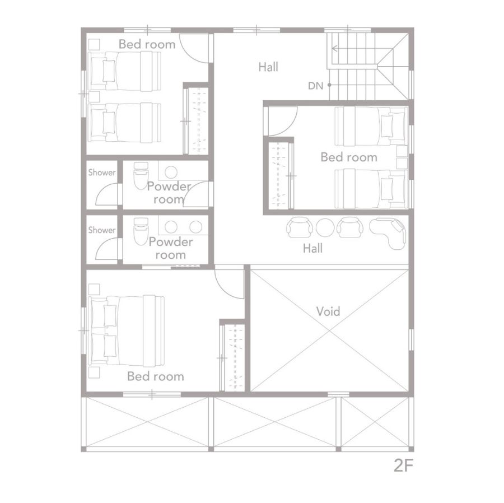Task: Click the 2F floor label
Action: tap(403, 465)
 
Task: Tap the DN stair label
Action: tap(315, 86)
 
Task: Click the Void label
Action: tap(328, 311)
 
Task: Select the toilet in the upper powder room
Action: tap(141, 175)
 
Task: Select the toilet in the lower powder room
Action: tap(141, 231)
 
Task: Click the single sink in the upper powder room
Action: tap(171, 172)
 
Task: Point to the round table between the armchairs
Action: tap(325, 227)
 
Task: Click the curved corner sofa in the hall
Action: tap(388, 232)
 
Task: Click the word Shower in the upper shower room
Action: tap(102, 173)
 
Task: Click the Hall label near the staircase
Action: tap(268, 67)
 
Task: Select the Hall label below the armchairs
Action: tap(312, 248)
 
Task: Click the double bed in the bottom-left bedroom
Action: tap(126, 330)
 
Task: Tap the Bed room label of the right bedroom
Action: tap(349, 157)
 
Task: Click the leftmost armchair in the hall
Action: tap(299, 227)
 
